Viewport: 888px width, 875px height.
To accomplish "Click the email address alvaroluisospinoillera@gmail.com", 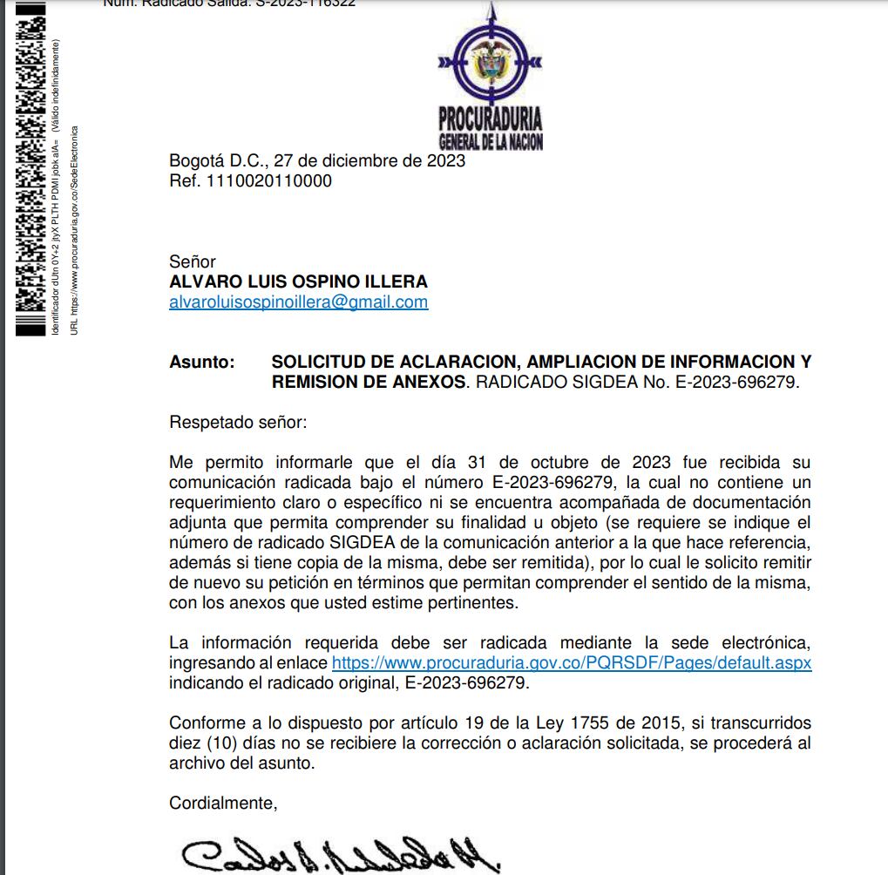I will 298,302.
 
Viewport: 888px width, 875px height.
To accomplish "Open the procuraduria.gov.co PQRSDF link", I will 572,663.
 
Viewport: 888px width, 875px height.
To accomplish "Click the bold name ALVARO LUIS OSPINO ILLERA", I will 298,282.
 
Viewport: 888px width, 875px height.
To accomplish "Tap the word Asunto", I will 201,362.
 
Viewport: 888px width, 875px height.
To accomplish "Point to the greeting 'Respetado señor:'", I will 238,423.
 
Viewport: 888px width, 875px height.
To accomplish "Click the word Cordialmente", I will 223,804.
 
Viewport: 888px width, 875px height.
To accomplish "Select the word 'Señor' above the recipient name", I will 193,261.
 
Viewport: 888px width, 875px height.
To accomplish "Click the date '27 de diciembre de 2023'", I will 369,161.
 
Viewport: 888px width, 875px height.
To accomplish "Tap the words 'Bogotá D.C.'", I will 217,161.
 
